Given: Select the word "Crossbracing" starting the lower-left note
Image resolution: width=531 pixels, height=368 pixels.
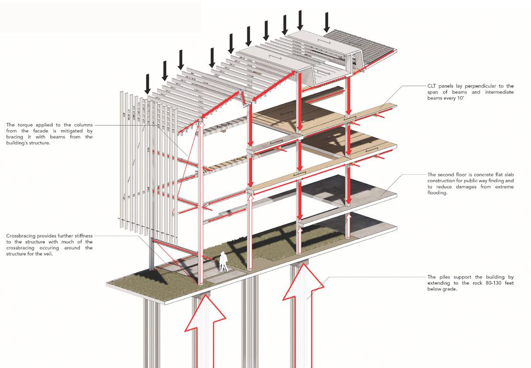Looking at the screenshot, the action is point(22,236).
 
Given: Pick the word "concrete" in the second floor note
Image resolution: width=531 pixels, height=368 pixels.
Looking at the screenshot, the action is point(479,175).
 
